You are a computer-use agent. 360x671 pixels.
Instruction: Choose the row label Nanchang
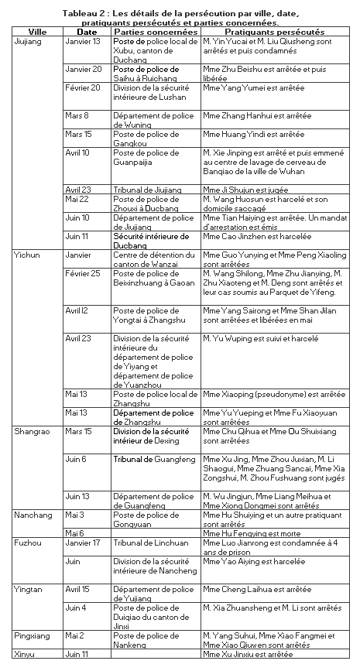[x=33, y=514]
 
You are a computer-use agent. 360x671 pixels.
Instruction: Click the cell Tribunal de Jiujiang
[x=147, y=190]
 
